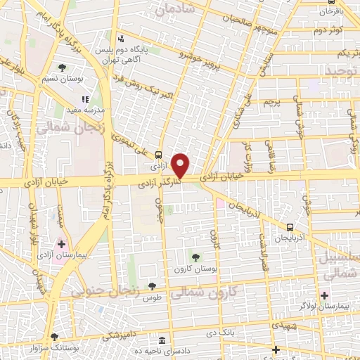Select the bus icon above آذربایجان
coord(290,227)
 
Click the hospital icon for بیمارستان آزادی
coord(62,244)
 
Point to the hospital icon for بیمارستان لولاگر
coord(324,295)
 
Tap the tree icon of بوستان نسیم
coord(63,67)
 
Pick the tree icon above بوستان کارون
coord(195,256)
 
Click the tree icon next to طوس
coord(152,286)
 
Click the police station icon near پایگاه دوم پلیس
coord(122,39)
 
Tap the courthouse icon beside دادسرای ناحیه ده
coord(162,337)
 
